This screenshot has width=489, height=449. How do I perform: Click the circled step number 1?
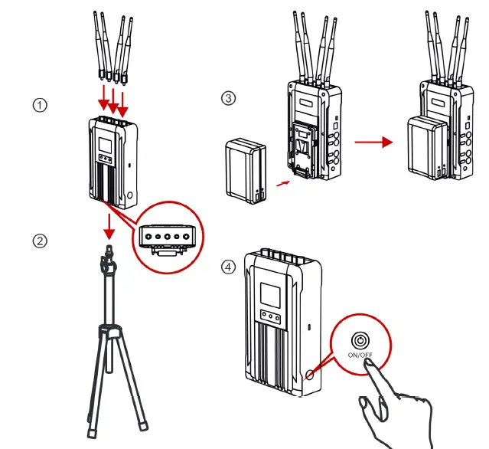pyautogui.click(x=40, y=105)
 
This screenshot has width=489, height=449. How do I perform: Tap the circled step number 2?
pyautogui.click(x=40, y=241)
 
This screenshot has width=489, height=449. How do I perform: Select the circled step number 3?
pyautogui.click(x=228, y=98)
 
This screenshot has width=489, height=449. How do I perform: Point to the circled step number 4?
pyautogui.click(x=228, y=267)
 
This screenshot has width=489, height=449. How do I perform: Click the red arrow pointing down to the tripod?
pyautogui.click(x=109, y=226)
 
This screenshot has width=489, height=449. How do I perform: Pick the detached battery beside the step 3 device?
pyautogui.click(x=246, y=169)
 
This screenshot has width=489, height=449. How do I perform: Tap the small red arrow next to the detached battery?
pyautogui.click(x=283, y=183)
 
